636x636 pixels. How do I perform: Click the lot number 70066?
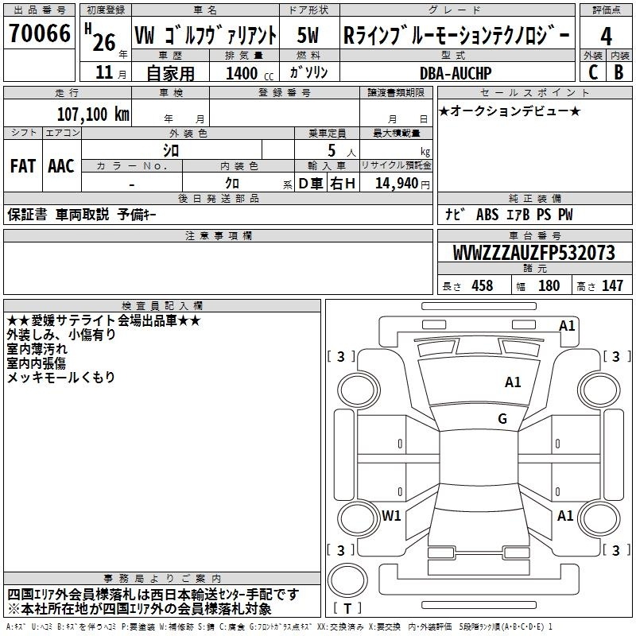40,36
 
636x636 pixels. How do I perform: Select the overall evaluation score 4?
606,36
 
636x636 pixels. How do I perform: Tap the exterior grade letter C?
592,72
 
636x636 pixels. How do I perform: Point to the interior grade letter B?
619,72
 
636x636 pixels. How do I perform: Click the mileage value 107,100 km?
93,114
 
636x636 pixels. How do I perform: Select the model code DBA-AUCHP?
456,73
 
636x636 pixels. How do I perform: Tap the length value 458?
480,286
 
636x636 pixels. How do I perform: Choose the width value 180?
549,286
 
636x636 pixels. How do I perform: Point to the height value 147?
612,286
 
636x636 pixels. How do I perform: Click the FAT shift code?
22,166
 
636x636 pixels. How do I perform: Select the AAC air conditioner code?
61,166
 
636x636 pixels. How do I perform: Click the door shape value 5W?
307,36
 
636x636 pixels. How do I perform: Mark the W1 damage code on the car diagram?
391,516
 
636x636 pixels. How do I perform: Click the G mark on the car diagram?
502,419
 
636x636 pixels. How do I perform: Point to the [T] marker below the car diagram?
347,609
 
